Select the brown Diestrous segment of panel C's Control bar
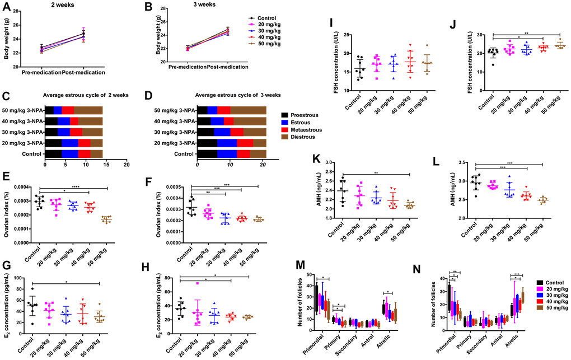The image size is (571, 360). click(x=96, y=153)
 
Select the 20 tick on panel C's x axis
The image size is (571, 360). click(x=127, y=166)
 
